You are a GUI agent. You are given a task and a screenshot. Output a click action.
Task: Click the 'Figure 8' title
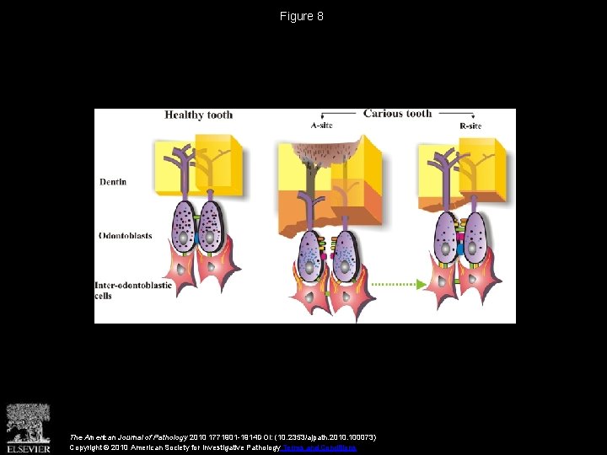pos(302,16)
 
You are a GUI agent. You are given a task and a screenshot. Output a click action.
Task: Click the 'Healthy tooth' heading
pos(198,115)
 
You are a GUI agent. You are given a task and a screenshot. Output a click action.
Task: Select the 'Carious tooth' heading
pos(397,114)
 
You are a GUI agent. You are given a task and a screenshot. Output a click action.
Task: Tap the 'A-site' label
pos(322,126)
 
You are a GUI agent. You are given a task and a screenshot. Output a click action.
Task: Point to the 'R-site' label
pos(470,126)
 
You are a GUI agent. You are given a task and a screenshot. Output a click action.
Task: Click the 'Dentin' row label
pos(112,182)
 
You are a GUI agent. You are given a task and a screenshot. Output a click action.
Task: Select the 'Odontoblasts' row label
pos(124,236)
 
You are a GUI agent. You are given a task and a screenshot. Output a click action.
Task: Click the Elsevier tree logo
pos(28,426)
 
